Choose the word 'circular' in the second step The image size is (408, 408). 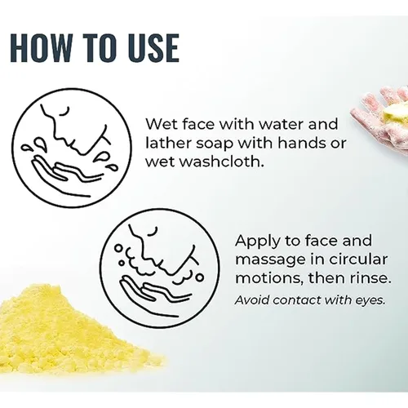[358, 259]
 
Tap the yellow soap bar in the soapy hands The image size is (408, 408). [394, 114]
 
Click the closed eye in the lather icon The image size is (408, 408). [153, 232]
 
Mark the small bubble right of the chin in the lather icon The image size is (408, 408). [200, 277]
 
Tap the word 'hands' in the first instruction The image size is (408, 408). [302, 143]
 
